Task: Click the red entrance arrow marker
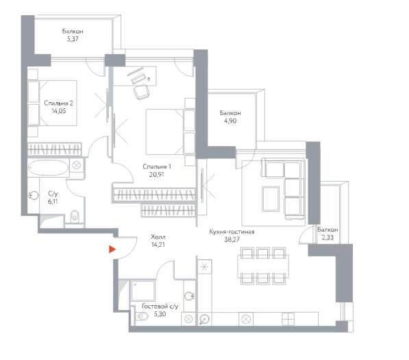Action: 112,250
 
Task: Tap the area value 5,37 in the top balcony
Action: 73,39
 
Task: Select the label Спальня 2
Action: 58,103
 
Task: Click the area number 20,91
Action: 156,174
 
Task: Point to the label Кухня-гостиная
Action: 232,232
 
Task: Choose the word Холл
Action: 158,237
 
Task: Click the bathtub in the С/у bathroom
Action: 48,167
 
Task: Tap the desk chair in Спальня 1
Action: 142,92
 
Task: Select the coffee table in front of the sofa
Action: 271,198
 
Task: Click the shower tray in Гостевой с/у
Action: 143,290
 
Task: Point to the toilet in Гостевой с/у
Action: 142,317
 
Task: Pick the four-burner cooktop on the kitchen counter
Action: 288,319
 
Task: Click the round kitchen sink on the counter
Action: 204,319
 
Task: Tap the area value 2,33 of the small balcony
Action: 327,237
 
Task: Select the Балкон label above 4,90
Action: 230,113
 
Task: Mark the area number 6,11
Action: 53,202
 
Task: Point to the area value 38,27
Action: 232,239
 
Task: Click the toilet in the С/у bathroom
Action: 75,216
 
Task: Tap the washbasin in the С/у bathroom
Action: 34,195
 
